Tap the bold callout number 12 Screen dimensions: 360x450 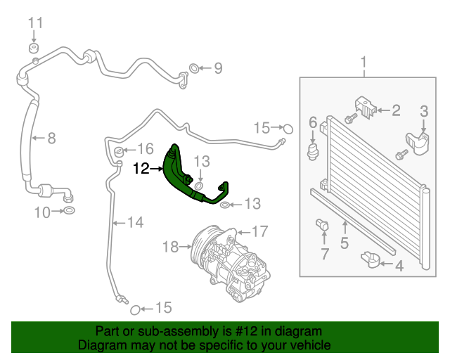[141, 169]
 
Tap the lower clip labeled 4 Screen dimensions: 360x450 [371, 261]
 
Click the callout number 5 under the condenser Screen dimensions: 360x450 [345, 244]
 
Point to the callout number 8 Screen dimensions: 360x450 [51, 138]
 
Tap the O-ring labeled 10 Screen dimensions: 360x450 [70, 211]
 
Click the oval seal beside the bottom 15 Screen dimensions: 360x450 [136, 309]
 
